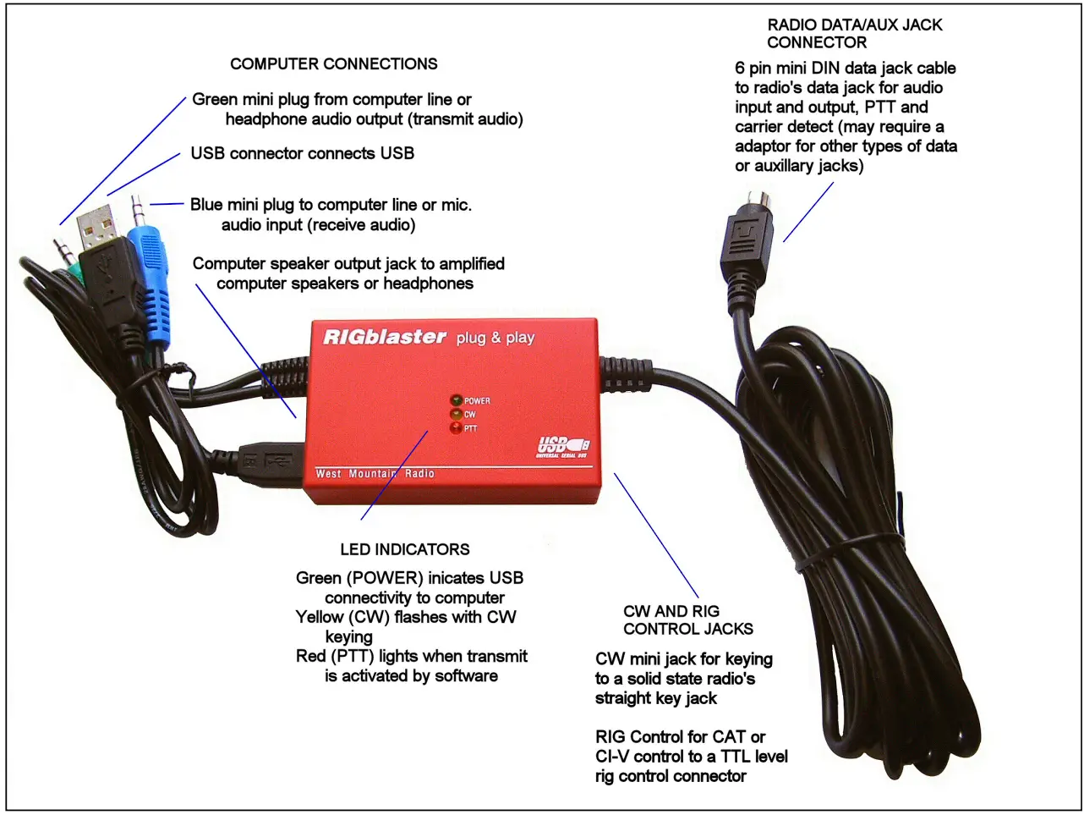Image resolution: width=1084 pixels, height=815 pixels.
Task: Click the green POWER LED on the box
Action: pos(456,400)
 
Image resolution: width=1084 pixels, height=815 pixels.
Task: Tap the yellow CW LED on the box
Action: pos(456,415)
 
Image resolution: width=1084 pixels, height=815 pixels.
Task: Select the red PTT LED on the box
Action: pos(456,428)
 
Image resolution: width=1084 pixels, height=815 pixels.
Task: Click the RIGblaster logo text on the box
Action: pos(385,337)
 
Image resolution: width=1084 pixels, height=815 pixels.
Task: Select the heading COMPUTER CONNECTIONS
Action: pos(334,64)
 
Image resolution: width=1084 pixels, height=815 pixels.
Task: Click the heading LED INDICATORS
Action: pos(405,549)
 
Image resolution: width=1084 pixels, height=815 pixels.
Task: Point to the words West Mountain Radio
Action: pos(375,473)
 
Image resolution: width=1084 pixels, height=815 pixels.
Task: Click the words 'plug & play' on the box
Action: pos(495,338)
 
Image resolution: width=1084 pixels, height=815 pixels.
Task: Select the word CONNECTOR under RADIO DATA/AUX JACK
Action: pos(817,42)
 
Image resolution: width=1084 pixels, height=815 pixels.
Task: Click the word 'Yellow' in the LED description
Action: pos(320,617)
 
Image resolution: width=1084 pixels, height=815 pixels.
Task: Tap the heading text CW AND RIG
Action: pos(671,611)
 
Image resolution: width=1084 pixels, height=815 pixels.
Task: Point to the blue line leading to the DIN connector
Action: pos(808,212)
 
